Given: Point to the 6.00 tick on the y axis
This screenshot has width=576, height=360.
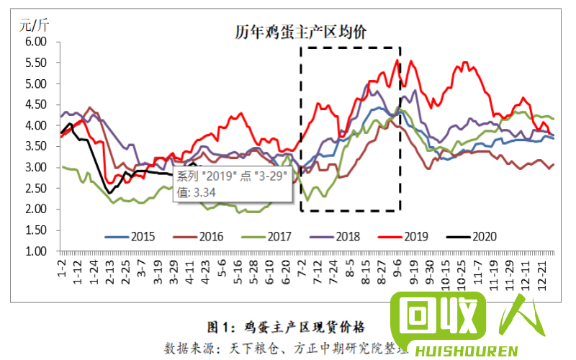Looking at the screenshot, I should point(34,42).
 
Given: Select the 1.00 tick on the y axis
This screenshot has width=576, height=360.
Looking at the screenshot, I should point(34,251).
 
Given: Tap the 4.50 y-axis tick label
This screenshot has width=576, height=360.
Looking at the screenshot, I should point(34,104).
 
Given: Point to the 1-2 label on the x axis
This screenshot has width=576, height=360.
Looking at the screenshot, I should point(62,268).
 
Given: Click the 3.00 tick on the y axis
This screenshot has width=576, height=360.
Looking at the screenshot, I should point(34,167).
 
